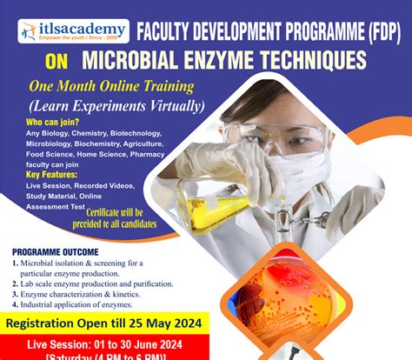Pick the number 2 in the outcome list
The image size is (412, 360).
(x=16, y=283)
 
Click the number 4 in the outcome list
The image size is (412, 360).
(x=16, y=306)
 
